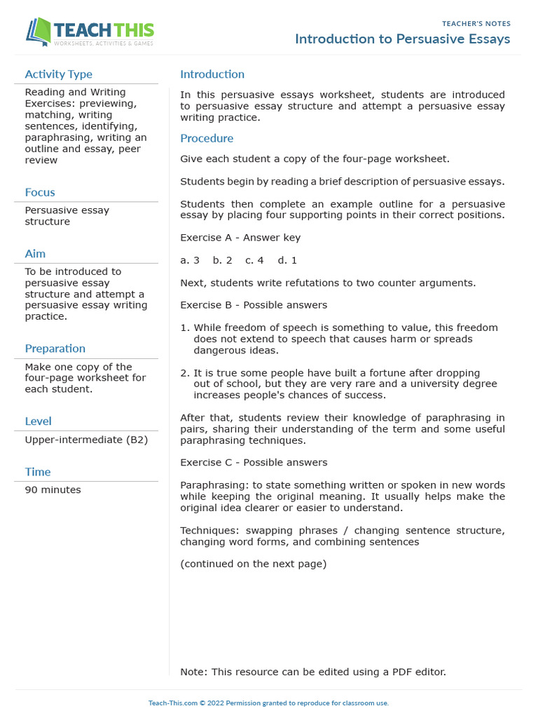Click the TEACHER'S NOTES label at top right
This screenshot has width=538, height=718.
tap(476, 24)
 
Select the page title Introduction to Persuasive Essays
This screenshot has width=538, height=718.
tap(402, 39)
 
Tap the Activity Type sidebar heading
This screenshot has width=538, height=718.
tap(58, 74)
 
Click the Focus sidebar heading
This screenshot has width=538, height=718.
tap(40, 192)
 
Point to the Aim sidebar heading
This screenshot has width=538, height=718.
tap(35, 254)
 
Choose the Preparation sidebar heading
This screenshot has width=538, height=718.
tap(55, 348)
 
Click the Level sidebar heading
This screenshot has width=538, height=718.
tap(38, 421)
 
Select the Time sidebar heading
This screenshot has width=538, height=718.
tap(38, 472)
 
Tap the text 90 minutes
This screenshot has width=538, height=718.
tap(53, 490)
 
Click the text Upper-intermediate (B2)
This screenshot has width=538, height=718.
tap(86, 440)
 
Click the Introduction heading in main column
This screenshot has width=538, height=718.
tap(212, 74)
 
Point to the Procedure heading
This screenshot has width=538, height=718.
tap(207, 139)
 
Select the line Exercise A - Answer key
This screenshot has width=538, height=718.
tap(240, 238)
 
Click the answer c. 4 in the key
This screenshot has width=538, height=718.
tap(254, 260)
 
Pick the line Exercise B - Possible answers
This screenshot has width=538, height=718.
tap(253, 305)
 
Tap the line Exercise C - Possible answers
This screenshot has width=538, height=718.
tap(254, 463)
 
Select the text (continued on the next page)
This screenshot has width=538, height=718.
tap(253, 564)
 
